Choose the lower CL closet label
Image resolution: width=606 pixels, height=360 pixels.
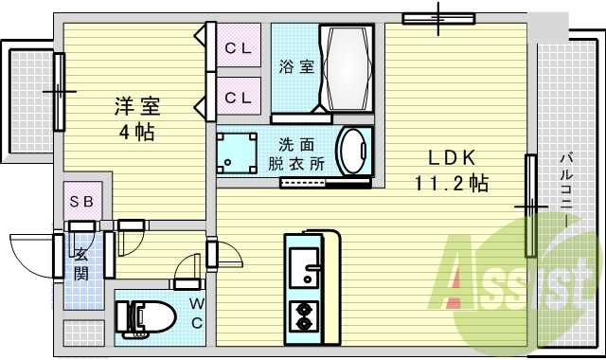[238, 97]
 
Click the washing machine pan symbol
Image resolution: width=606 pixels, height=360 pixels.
[238, 152]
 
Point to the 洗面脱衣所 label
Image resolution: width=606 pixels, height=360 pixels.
[300, 153]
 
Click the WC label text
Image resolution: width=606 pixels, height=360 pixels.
[197, 314]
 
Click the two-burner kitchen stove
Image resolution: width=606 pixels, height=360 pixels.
[305, 315]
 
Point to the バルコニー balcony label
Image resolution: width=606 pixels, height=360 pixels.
[564, 189]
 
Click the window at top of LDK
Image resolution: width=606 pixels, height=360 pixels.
[437, 17]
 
